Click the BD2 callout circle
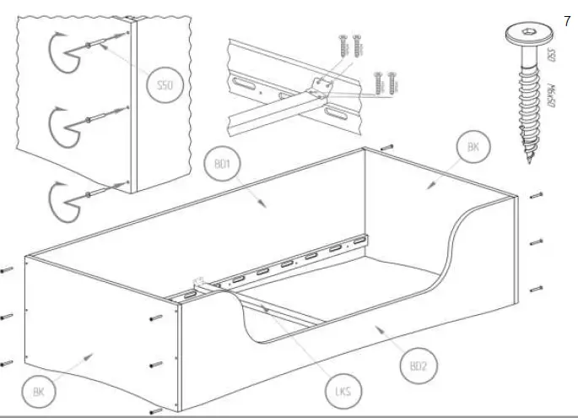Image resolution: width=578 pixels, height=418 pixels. point(417,366)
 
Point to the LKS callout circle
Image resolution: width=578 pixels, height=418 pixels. point(342,392)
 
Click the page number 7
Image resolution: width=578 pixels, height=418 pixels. point(566,21)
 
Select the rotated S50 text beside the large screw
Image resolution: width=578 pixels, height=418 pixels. point(553,57)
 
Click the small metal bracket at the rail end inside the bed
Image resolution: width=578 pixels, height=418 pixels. point(201,283)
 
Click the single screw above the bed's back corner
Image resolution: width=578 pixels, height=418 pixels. point(387,147)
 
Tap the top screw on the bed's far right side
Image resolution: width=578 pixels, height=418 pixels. point(537,196)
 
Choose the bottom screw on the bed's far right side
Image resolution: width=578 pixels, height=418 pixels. point(537,289)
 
